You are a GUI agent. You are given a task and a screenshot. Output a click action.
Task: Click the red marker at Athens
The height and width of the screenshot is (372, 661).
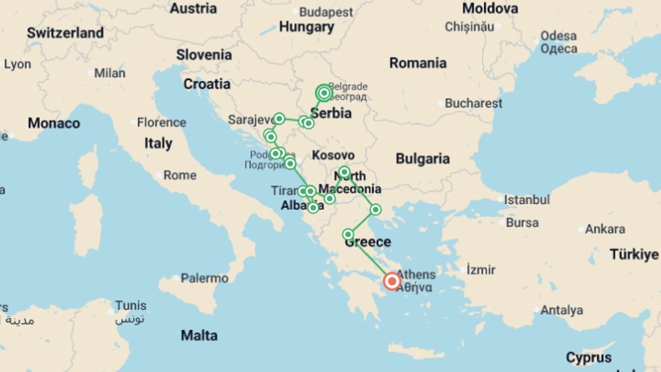coord(392,281)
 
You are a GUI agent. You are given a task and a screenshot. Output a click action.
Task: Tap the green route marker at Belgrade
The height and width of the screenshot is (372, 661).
coord(324,93)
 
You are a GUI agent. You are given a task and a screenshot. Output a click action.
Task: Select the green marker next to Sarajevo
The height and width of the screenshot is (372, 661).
coord(279,119)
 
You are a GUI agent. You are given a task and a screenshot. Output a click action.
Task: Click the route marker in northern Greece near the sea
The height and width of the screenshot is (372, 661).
coord(375,209)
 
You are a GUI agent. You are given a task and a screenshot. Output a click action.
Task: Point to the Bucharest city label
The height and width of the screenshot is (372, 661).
coord(473,103)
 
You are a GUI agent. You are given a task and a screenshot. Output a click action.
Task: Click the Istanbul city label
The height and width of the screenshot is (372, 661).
coord(527,200)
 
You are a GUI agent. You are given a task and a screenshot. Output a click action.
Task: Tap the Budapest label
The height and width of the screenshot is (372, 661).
coord(326,12)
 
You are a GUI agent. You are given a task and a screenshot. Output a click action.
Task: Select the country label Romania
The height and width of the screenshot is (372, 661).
coord(418,63)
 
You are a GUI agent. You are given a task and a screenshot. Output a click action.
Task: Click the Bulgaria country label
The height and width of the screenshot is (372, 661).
coord(422,159)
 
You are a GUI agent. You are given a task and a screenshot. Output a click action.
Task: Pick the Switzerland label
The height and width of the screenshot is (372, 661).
coord(65,33)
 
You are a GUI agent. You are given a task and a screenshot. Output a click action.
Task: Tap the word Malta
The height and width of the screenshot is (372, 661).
coord(199,335)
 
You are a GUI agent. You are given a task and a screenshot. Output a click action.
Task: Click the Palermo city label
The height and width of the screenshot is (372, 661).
coord(204,278)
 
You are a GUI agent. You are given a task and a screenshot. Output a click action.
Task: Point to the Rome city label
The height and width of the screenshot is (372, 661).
coord(180,175)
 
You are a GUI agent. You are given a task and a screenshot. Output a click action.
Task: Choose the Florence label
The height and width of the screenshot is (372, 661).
coord(161,122)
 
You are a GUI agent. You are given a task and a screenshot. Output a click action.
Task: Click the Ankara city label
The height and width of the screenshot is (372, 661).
coord(605,229)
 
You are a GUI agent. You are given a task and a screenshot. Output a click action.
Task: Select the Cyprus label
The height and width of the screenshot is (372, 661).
coord(589,358)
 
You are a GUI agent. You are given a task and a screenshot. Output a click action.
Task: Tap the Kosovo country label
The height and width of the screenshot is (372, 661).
coord(333,155)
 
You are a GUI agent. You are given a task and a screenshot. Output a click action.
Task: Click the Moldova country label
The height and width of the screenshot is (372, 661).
coord(490,9)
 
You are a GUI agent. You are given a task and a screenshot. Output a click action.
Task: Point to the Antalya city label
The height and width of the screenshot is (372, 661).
coord(562,310)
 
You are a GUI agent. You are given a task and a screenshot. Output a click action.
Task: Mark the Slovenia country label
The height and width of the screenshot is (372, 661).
coord(204,55)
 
